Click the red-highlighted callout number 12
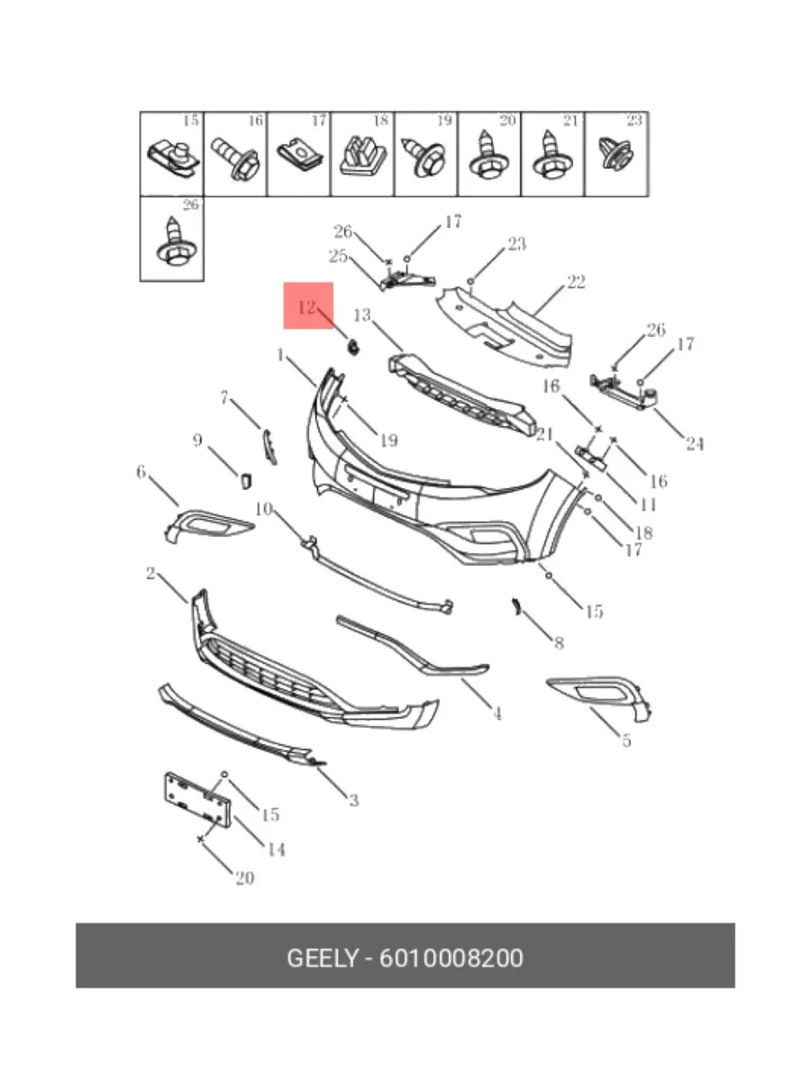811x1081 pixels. [306, 308]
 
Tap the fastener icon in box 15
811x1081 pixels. [174, 159]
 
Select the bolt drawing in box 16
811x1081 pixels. [235, 159]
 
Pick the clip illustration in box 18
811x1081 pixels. [362, 156]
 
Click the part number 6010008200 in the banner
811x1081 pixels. [451, 958]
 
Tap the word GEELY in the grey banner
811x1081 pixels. [322, 958]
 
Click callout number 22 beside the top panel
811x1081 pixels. [576, 283]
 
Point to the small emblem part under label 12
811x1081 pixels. [353, 347]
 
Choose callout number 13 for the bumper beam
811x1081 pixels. [362, 315]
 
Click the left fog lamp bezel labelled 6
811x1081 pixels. [209, 526]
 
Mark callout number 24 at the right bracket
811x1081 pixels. [694, 444]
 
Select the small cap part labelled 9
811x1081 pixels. [246, 481]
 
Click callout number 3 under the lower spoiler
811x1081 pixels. [353, 800]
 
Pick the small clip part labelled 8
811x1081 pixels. [516, 607]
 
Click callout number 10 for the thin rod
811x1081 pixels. [264, 509]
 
